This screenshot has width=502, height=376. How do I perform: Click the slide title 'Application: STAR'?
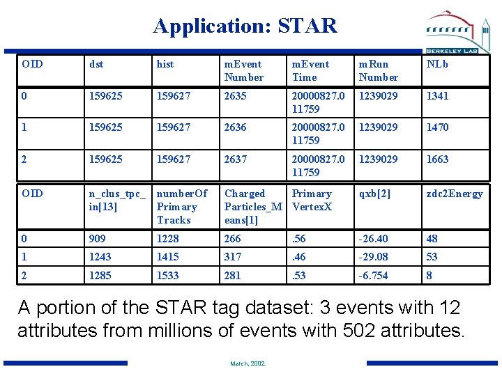[x=245, y=26]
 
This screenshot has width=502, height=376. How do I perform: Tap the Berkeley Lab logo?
[x=459, y=32]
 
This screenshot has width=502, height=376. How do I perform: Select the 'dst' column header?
[x=96, y=64]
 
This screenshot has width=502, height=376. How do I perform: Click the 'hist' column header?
[x=165, y=64]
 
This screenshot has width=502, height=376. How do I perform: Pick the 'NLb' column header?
[x=437, y=64]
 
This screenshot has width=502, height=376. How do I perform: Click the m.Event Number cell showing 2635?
[x=235, y=95]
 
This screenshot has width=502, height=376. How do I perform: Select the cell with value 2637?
[x=235, y=159]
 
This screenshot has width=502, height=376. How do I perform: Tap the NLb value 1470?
[x=438, y=127]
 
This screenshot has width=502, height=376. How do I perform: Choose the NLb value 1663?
[x=438, y=159]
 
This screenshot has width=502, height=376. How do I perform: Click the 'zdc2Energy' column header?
[x=455, y=194]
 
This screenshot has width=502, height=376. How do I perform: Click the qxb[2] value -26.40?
[x=373, y=238]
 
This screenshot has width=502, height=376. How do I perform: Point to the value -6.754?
[x=373, y=276]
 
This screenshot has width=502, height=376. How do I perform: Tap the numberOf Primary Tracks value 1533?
[x=168, y=276]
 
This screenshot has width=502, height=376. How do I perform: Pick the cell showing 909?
[x=98, y=238]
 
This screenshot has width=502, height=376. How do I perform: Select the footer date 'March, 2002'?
[x=248, y=363]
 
